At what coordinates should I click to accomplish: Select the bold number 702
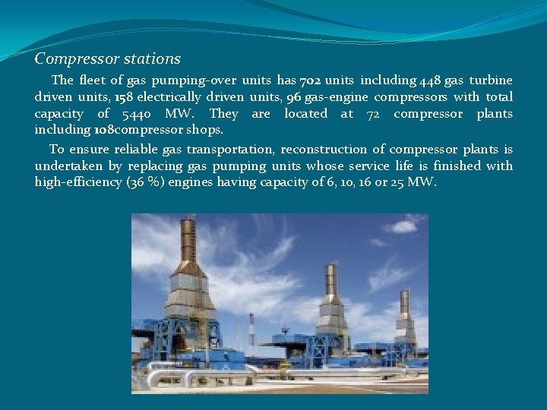click(311, 80)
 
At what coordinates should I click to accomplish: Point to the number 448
click(429, 80)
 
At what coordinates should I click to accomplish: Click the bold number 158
click(101, 97)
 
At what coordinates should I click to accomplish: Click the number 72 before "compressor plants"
click(373, 114)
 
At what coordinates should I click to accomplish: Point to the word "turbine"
click(491, 80)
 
